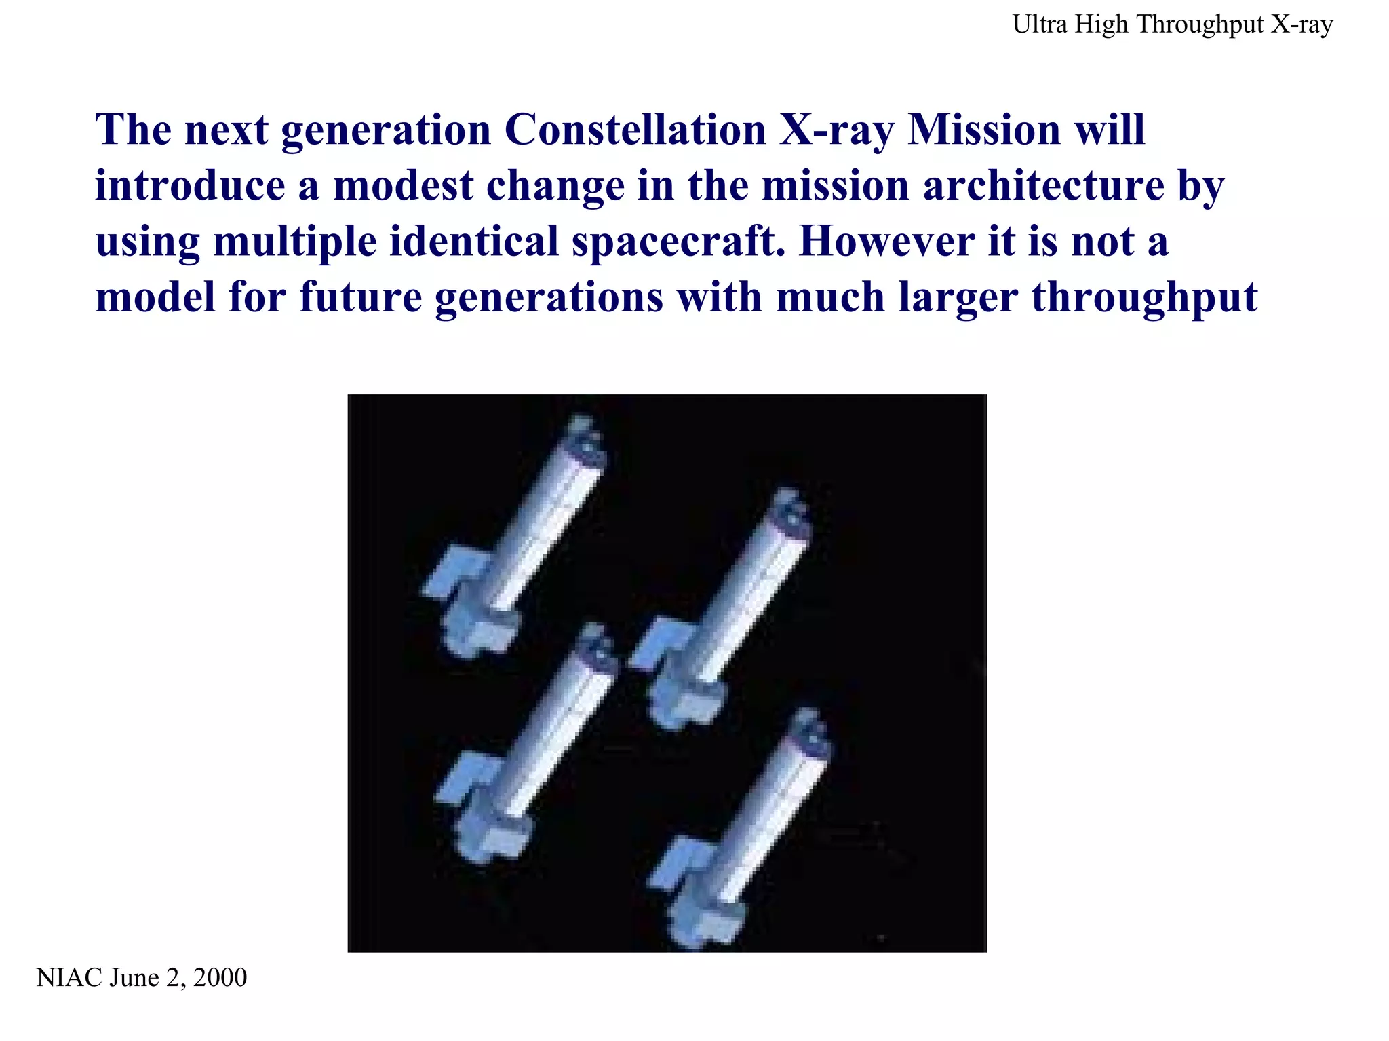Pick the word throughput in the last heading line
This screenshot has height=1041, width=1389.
coord(1144,299)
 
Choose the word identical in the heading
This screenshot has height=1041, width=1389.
coord(474,242)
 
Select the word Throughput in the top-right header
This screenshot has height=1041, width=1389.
coord(1200,25)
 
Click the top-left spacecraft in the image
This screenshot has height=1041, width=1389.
coord(515,536)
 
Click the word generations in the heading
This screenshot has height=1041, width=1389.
coord(549,299)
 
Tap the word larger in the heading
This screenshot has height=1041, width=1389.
coord(958,299)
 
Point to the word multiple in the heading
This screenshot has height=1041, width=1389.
coord(294,242)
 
